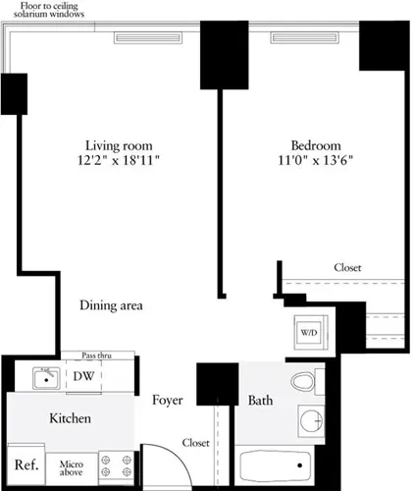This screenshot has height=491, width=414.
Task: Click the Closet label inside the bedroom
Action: tap(347, 267)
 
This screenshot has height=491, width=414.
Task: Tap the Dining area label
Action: tap(112, 305)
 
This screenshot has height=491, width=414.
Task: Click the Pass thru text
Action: tap(96, 355)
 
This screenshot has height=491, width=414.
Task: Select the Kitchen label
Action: tap(71, 419)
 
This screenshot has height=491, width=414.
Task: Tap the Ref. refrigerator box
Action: tap(25, 465)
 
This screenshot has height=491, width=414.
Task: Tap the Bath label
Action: tap(260, 401)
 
